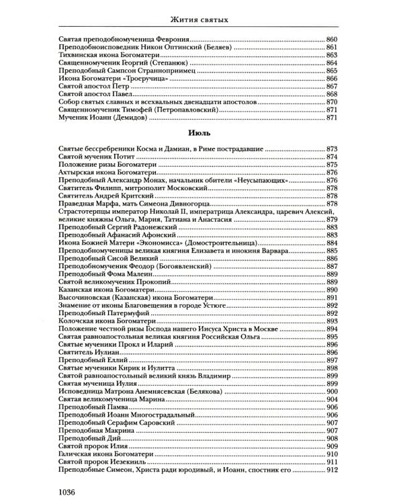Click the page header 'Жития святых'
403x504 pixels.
point(201,19)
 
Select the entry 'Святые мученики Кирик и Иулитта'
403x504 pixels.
point(117,368)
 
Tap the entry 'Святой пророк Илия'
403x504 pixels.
point(95,446)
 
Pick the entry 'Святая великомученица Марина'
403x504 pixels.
point(111,399)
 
